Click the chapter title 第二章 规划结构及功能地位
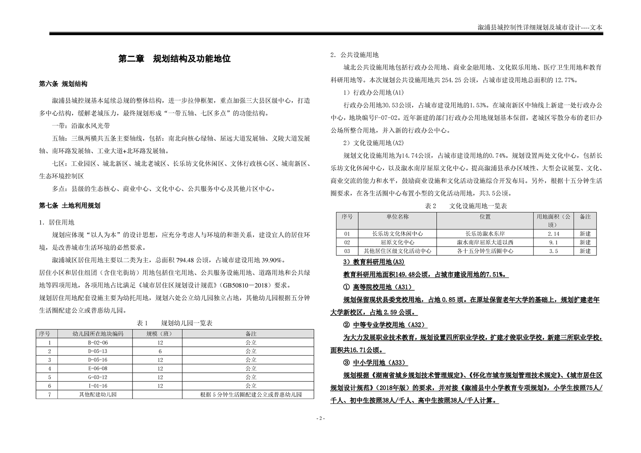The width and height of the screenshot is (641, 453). point(174,59)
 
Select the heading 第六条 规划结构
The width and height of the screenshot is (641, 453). point(63,84)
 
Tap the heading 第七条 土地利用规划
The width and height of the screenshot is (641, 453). point(69,206)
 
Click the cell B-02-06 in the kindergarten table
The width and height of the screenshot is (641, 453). point(98,342)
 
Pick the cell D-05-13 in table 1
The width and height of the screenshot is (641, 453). point(98,351)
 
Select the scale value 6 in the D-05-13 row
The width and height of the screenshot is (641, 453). point(160,351)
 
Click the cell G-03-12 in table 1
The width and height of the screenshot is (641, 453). point(98,377)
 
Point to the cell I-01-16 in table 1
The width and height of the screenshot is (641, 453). point(98,386)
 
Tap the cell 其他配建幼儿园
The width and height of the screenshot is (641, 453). point(98,394)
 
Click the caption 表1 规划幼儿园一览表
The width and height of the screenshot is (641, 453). point(174,323)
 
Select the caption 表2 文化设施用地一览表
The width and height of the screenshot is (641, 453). point(466,206)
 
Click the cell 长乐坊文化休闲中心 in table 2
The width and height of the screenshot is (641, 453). point(397,234)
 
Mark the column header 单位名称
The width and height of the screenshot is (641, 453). point(397,217)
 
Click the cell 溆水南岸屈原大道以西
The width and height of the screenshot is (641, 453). point(485,242)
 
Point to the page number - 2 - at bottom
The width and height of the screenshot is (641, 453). point(321,418)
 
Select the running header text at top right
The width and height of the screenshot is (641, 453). point(540,27)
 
